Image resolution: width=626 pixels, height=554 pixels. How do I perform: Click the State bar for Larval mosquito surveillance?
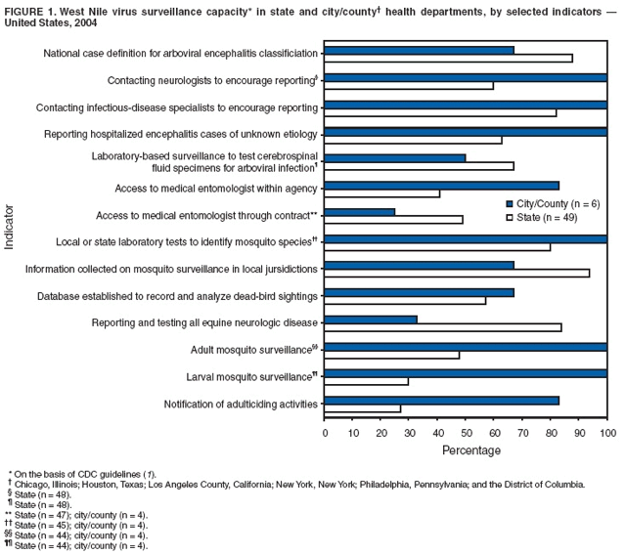366,381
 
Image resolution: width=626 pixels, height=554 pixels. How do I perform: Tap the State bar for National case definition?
448,59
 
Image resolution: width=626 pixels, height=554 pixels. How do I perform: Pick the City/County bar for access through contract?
359,211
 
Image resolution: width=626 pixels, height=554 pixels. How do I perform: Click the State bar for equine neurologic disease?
442,327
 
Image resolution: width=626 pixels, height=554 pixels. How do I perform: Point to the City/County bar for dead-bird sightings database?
419,291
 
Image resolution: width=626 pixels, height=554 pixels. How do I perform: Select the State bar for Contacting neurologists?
408,86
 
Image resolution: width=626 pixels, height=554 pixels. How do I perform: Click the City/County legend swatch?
510,203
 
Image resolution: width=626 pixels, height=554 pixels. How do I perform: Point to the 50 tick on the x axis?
466,421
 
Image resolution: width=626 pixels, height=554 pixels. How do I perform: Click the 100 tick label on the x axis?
607,431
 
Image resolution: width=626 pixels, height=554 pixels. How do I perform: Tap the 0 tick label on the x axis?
325,431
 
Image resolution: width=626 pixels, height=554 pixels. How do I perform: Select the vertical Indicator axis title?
10,228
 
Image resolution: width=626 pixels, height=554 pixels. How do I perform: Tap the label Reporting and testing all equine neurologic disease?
204,322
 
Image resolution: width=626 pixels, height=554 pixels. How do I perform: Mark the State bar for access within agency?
381,193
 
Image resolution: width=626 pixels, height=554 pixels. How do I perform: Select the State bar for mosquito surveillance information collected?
456,274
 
